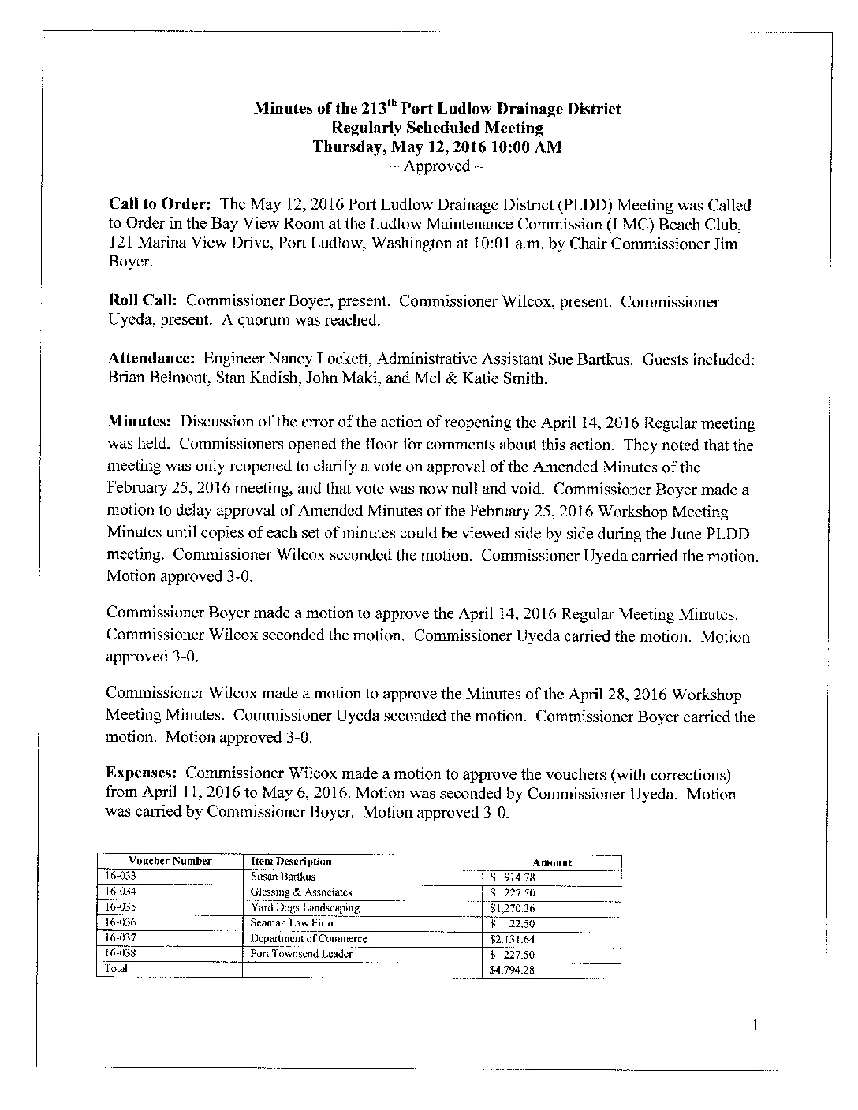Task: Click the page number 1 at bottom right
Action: [x=756, y=1026]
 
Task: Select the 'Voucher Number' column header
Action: [x=170, y=862]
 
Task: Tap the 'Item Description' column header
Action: [x=290, y=862]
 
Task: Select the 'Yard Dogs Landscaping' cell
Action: [x=304, y=907]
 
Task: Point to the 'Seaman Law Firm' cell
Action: [x=291, y=923]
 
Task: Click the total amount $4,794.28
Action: [x=512, y=970]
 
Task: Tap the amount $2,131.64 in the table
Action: [x=512, y=939]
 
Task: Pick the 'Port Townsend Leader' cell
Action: [x=300, y=954]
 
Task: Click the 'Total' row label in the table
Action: [x=116, y=969]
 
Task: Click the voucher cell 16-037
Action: [x=121, y=938]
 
